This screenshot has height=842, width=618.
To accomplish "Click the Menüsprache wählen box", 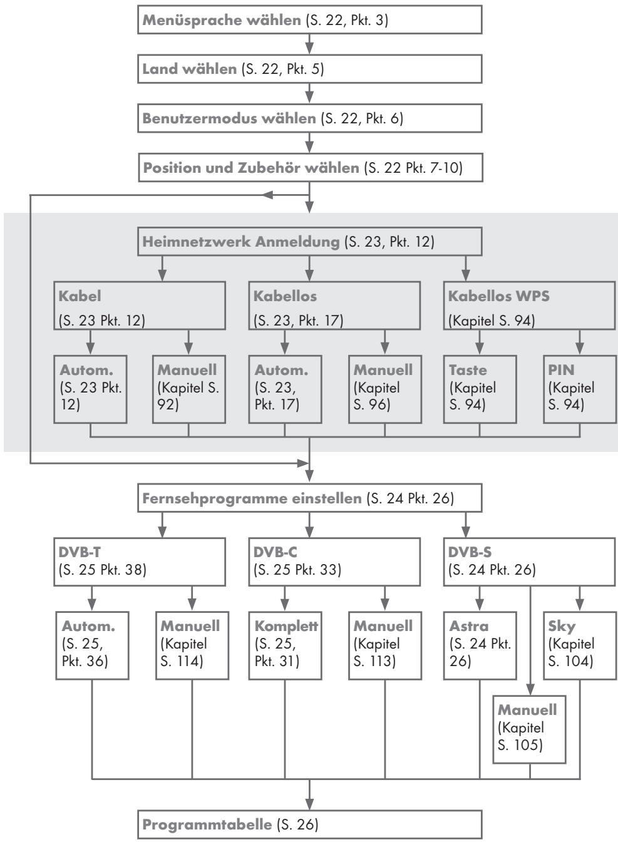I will [x=309, y=20].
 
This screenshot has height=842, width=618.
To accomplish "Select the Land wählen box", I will [x=309, y=69].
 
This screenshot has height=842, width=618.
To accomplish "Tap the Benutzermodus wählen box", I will [x=309, y=118].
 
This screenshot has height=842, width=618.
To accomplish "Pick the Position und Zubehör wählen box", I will [x=309, y=168].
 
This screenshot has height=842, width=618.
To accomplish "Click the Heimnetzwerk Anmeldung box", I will [x=309, y=242].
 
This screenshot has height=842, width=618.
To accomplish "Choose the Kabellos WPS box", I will [x=530, y=305].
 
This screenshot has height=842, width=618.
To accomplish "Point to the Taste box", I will [x=480, y=389].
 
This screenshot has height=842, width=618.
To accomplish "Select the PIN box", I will [x=579, y=389].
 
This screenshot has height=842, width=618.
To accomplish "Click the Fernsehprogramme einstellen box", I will [x=309, y=499].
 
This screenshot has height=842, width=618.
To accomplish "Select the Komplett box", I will [x=286, y=644].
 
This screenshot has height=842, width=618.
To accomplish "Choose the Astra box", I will [x=480, y=644].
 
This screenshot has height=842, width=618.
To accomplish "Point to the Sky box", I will [x=579, y=644].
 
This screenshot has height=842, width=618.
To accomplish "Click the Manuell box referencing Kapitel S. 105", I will [x=530, y=729].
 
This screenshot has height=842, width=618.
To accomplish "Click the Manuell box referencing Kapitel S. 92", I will [x=189, y=389].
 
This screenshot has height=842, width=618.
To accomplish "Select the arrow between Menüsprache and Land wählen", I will [x=309, y=44].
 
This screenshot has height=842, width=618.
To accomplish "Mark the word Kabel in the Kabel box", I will [x=80, y=295].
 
